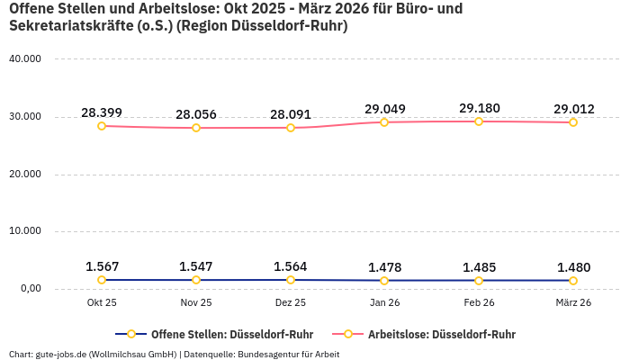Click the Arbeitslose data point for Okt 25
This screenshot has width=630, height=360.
click(x=102, y=126)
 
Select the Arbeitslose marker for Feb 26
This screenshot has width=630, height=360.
click(x=479, y=121)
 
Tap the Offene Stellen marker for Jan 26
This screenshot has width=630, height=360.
click(x=384, y=281)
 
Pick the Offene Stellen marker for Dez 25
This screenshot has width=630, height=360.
click(x=291, y=280)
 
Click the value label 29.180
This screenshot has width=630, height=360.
click(x=479, y=108)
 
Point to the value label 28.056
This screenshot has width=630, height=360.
click(x=196, y=114)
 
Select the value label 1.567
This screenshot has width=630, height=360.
click(x=102, y=266)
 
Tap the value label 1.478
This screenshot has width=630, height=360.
click(x=384, y=267)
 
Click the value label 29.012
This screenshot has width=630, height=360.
click(x=573, y=109)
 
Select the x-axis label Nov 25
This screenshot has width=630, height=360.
click(x=196, y=303)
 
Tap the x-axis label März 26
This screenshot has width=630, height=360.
click(x=573, y=303)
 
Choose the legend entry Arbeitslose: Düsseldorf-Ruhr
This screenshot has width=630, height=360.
click(x=441, y=334)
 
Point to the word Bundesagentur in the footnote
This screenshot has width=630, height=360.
click(x=271, y=354)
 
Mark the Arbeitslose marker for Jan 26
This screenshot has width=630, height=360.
click(x=384, y=122)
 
